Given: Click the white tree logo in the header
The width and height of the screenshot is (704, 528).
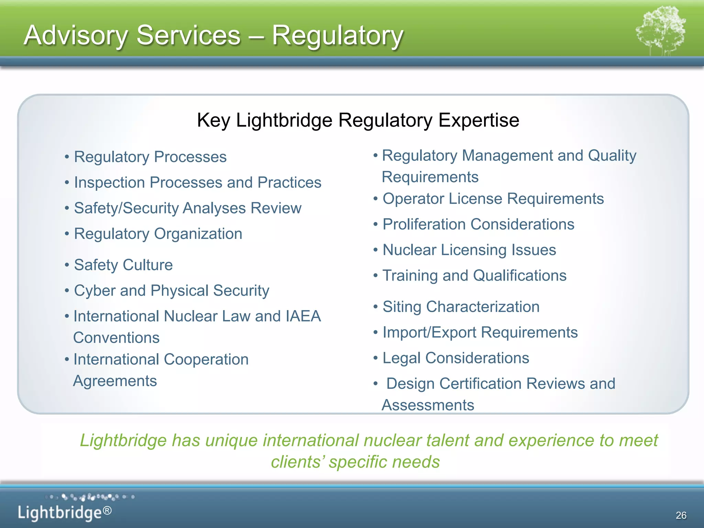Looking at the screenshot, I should [x=660, y=31].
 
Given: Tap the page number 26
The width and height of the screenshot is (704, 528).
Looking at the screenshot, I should [x=681, y=515].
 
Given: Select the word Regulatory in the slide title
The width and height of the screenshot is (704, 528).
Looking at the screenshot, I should [x=337, y=35].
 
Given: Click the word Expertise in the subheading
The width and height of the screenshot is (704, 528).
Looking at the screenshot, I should [x=478, y=120].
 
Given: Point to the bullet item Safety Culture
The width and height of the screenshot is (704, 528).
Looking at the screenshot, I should [x=123, y=265].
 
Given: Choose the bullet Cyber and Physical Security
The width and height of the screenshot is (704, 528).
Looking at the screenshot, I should [x=172, y=291].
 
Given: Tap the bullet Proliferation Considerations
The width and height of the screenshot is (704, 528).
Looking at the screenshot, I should [x=478, y=224].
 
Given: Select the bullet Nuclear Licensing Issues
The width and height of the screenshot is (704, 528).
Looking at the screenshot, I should [x=469, y=250].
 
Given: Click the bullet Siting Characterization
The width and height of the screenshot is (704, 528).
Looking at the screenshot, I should [x=461, y=307].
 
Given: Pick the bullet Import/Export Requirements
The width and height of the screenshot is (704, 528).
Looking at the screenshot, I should [x=480, y=332].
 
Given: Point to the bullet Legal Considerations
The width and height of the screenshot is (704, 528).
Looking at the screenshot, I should [x=455, y=358].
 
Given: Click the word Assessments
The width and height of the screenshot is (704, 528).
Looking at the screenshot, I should [x=428, y=405].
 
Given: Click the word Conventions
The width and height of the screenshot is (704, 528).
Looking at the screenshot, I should [x=117, y=338].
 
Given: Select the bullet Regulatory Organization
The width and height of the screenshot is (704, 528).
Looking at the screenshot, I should [x=158, y=234].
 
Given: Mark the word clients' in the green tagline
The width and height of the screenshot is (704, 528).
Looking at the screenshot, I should [x=297, y=462].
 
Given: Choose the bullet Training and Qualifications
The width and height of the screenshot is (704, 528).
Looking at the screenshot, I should [x=474, y=276].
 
